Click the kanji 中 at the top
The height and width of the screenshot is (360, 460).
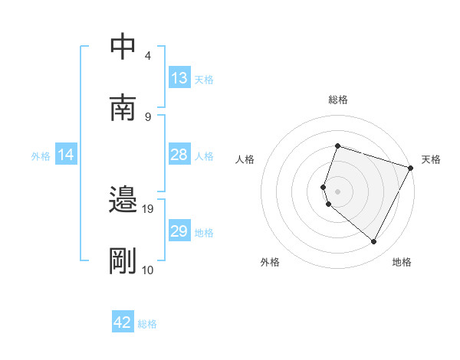pos(123,47)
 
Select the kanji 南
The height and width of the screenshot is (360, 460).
pos(123,108)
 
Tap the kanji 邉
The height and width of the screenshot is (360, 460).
pos(123,201)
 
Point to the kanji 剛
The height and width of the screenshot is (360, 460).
pos(123,261)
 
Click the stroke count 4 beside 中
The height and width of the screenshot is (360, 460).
pos(147,55)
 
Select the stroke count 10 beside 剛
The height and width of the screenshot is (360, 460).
pos(148,270)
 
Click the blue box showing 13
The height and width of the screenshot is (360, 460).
pos(179,78)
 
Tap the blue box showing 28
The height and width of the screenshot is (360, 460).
pos(179,155)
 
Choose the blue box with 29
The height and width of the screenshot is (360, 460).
pos(179,231)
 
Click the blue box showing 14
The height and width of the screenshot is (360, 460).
pos(66,155)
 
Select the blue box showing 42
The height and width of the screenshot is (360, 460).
pos(123,322)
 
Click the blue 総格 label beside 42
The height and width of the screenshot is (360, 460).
pos(147,324)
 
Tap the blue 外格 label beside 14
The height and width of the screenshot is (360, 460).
pos(41,156)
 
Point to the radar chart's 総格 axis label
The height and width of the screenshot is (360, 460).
pos(337,100)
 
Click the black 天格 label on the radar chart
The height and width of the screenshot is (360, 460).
pos(431,159)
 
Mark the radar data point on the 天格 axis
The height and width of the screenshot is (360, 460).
pos(411,168)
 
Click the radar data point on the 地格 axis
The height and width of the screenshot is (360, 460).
pos(374,242)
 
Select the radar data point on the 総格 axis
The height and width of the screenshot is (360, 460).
pos(337,146)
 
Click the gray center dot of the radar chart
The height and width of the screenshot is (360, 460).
pos(337,191)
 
